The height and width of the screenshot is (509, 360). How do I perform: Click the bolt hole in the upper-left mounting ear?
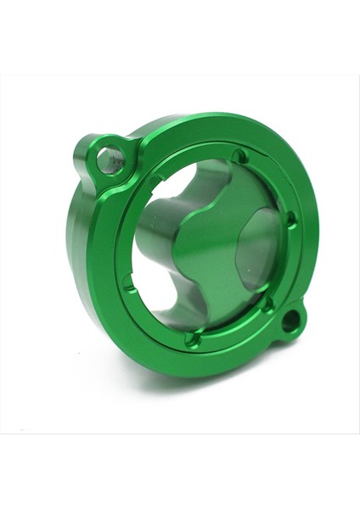click(109, 159)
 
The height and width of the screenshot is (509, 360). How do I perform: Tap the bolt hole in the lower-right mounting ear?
click(290, 321)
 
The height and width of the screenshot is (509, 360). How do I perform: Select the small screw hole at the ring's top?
click(240, 157)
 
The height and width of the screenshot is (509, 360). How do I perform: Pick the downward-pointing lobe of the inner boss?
click(204, 301)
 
